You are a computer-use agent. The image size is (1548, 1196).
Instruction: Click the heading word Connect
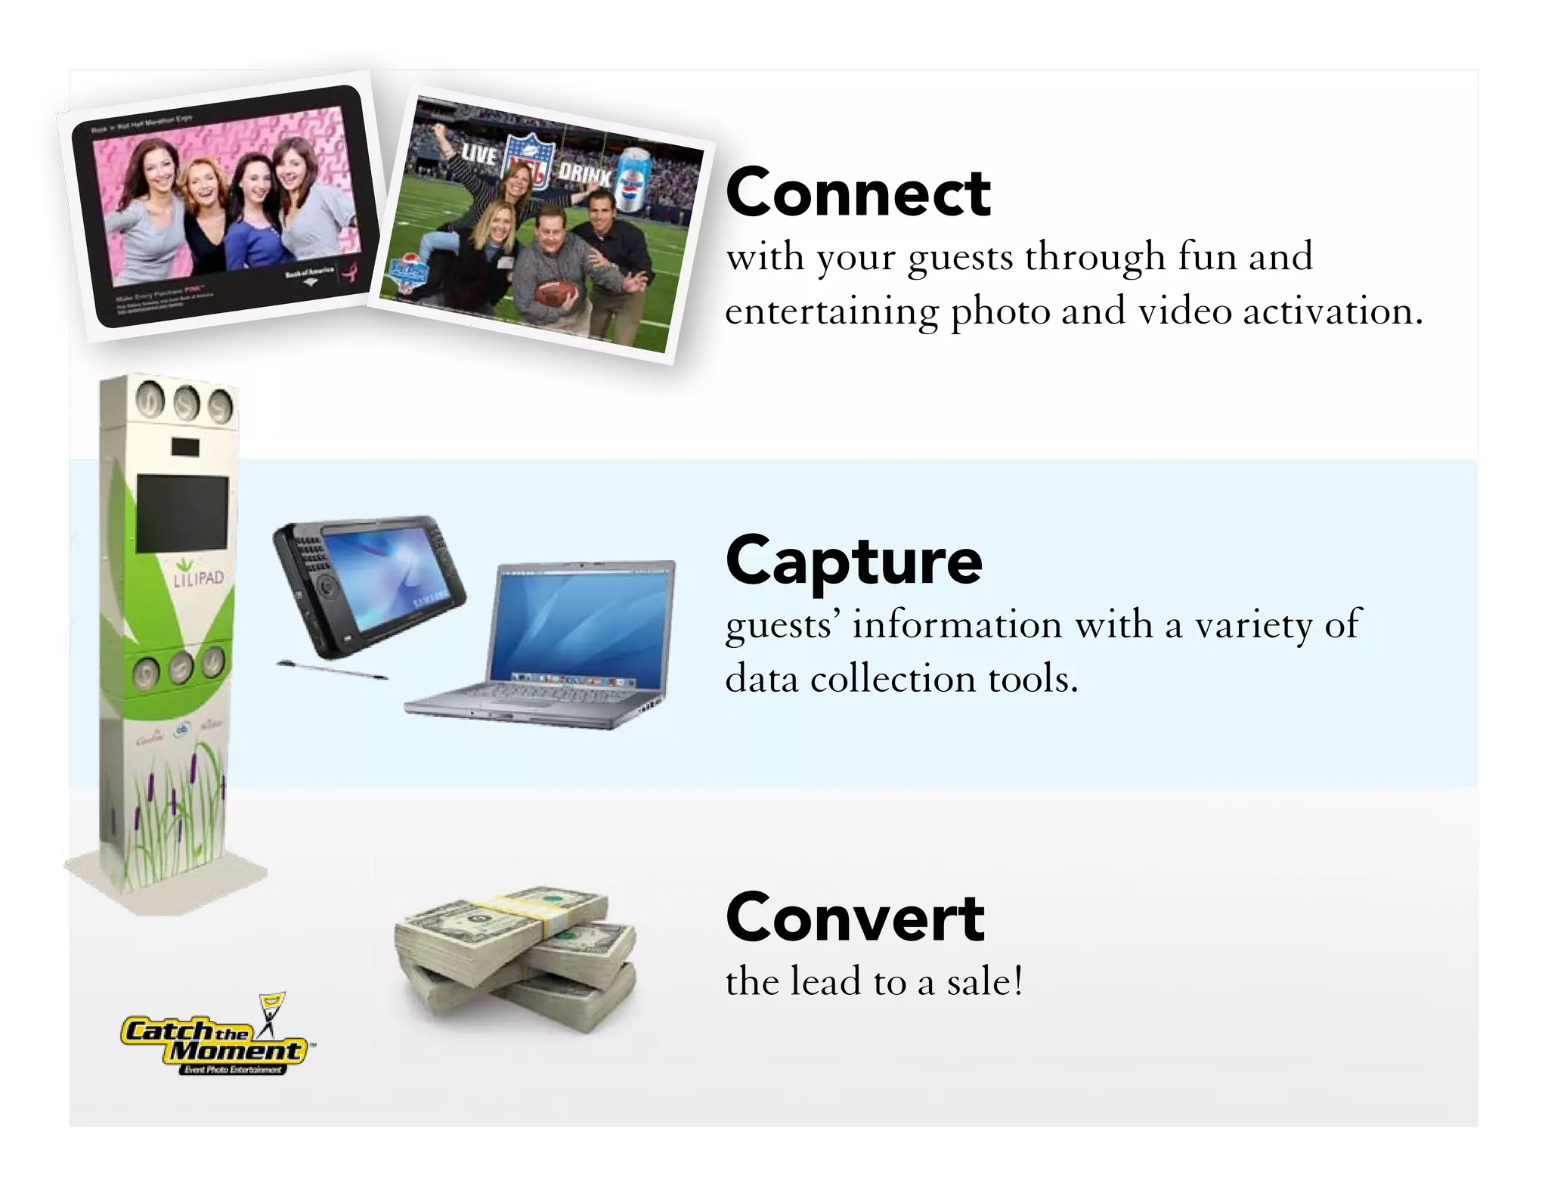point(857,194)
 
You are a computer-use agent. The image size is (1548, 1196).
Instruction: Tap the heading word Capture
point(853,561)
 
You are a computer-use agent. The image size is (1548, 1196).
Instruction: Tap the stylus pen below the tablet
point(332,670)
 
